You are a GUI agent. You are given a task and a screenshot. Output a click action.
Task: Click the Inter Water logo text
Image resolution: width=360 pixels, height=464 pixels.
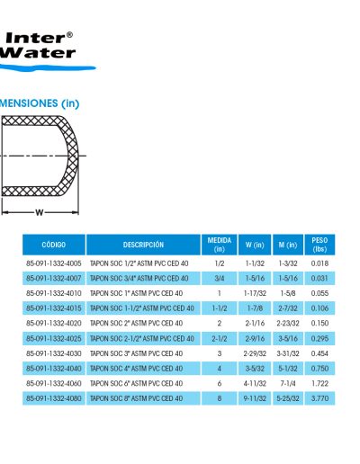click(38, 45)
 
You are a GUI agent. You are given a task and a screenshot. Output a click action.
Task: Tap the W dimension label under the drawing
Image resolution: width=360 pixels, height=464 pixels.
click(40, 212)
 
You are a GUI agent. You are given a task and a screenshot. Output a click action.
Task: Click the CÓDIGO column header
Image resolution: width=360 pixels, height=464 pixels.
click(54, 245)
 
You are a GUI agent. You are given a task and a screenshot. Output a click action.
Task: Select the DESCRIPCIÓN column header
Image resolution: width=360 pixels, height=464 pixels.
click(143, 245)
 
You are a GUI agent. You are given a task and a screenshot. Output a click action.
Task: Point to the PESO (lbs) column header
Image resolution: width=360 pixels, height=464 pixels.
click(319, 245)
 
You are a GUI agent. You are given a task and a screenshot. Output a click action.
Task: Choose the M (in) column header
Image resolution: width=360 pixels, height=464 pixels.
click(288, 245)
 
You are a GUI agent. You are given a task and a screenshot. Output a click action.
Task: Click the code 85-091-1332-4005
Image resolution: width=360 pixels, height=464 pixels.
click(54, 263)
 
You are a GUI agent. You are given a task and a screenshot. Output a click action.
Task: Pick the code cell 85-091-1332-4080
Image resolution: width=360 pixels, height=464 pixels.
click(54, 398)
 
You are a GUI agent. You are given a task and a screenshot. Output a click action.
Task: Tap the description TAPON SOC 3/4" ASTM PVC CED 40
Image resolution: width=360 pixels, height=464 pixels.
click(139, 279)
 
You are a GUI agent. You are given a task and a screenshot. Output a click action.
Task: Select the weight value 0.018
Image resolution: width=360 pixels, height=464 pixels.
click(319, 263)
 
